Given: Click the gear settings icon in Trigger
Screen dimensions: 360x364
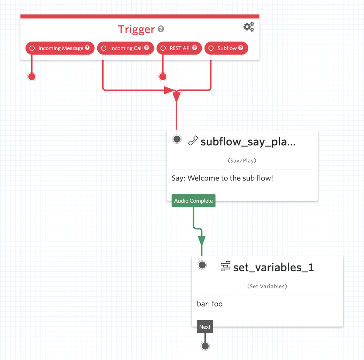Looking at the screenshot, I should click(x=249, y=27).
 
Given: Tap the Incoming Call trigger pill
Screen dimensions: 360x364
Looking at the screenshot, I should click(x=126, y=48).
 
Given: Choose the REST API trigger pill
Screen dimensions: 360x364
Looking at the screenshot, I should click(x=179, y=48).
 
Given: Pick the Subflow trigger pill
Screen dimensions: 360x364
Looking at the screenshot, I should click(x=226, y=48).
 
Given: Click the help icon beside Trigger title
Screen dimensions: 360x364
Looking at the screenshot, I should click(x=161, y=29).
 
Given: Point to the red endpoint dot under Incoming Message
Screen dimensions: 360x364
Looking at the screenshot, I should click(x=32, y=76).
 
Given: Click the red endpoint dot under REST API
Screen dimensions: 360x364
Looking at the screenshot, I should click(x=163, y=76).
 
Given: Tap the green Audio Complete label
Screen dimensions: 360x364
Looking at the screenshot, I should click(x=193, y=201).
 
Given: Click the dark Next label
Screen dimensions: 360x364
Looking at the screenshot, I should click(x=205, y=327).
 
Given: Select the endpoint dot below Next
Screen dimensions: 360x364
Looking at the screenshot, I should click(x=205, y=346).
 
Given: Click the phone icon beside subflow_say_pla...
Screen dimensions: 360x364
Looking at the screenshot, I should click(x=193, y=141).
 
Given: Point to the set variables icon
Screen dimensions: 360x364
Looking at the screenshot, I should click(x=225, y=267).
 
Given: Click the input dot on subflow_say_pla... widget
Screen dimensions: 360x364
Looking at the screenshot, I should click(x=177, y=139).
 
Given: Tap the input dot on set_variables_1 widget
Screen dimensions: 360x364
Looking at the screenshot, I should click(x=202, y=265).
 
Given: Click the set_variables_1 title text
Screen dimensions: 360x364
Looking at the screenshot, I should click(x=273, y=267).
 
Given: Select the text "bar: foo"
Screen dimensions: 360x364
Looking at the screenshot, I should click(x=210, y=304).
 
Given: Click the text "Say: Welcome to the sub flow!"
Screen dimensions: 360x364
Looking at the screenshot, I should click(x=222, y=178).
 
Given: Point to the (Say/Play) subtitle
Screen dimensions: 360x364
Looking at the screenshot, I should click(x=242, y=160).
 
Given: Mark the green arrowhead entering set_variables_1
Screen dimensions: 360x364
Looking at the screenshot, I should click(x=202, y=241).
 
